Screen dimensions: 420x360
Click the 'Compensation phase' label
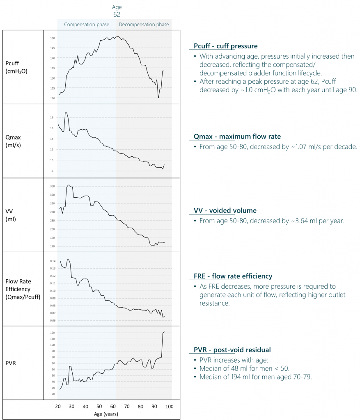[x=86, y=25]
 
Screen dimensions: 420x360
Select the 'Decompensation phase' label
[x=144, y=25]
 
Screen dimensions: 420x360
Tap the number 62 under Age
[x=117, y=14]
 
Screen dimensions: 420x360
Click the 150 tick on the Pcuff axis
[x=53, y=38]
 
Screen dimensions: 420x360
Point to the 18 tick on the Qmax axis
[x=52, y=117]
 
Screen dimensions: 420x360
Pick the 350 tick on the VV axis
[x=52, y=186]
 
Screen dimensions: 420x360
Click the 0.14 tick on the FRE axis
[x=52, y=261]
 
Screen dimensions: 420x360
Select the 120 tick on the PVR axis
[x=52, y=333]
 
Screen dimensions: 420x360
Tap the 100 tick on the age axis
[x=169, y=406]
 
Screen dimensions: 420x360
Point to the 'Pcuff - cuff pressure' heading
[x=225, y=46]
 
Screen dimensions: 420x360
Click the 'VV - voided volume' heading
[x=225, y=211]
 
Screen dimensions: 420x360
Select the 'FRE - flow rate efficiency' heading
[x=233, y=276]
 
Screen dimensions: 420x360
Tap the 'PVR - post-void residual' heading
[x=232, y=350]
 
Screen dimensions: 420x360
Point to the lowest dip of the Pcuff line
[x=158, y=98]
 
